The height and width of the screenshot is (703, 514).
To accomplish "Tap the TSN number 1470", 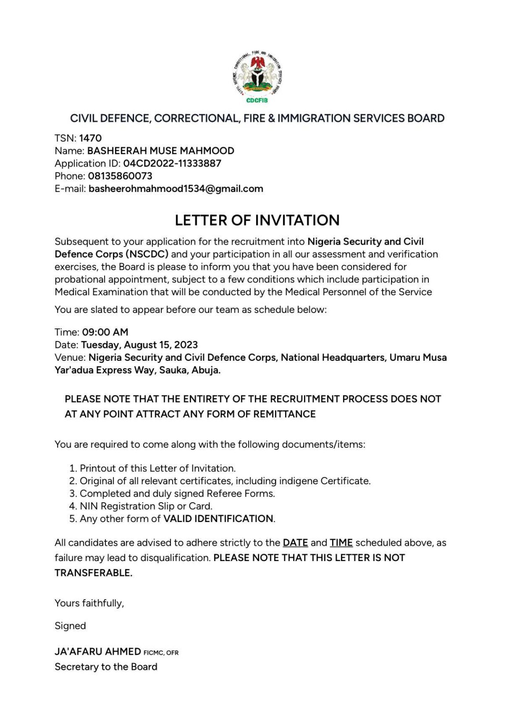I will pos(90,138).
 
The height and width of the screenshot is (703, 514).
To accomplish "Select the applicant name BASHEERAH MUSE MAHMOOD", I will pos(160,151).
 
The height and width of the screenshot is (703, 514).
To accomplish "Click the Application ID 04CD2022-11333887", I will pos(172,163).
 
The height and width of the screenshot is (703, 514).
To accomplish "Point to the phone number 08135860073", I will pos(120,176).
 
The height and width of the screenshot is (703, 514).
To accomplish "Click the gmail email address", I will pos(176,189).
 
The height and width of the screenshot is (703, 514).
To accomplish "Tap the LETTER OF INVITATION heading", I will pos(257,220).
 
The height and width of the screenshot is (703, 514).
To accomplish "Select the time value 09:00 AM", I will pos(105,332).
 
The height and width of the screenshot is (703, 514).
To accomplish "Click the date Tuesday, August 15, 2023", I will pos(139,345).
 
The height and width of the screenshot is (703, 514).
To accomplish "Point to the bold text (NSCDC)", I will pos(147,254).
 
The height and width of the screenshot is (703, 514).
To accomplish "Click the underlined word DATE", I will pos(295,543).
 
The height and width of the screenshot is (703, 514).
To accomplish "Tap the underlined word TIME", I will pos(341,543).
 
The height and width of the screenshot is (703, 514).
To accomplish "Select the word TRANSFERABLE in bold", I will pos(93,573).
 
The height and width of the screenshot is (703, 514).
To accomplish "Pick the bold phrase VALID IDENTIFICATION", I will pos(218,519).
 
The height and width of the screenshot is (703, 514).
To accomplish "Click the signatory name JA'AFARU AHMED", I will pos(98,651).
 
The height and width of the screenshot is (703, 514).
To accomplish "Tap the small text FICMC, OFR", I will pos(161,653).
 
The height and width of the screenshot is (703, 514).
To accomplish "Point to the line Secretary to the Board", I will pos(106,667).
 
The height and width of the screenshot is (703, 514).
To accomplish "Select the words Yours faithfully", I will pos(89,603).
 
